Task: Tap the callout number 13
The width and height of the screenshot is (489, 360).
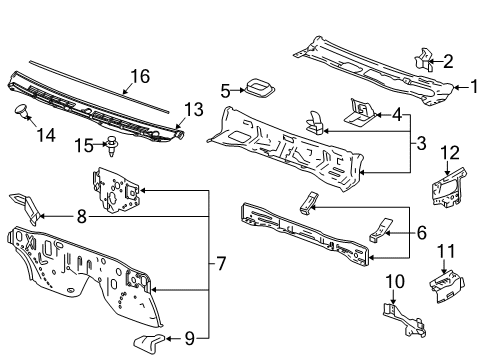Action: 193,108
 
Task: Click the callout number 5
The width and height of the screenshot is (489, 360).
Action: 225,90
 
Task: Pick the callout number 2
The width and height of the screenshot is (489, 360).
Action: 448,60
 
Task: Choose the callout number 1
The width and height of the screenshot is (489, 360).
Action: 462,86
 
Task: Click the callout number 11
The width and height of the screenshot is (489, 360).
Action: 448,250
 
